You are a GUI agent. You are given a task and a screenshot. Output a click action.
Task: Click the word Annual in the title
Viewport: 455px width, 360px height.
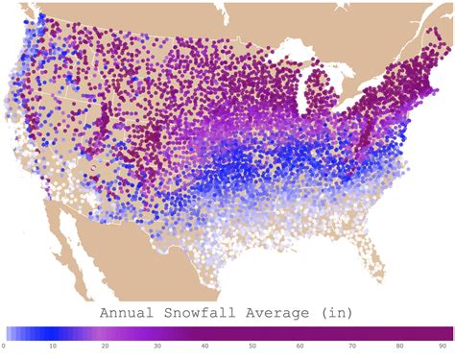click(129, 313)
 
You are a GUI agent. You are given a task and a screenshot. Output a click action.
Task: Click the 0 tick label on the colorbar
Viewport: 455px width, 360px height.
click(5, 345)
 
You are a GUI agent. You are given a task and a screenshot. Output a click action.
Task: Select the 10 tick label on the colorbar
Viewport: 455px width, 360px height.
click(54, 345)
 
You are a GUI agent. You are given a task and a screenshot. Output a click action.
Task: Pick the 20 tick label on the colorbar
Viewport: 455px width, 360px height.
click(103, 345)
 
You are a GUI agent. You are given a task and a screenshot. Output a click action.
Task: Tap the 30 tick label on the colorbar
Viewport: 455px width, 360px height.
click(152, 345)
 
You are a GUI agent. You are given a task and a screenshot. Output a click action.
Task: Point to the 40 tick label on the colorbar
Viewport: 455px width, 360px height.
click(201, 345)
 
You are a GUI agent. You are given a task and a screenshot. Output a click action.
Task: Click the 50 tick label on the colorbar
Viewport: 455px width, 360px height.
click(250, 345)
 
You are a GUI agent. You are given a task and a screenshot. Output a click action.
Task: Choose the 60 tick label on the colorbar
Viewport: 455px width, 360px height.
click(299, 345)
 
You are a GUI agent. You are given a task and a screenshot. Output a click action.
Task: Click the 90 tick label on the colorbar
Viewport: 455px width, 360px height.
click(443, 345)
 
